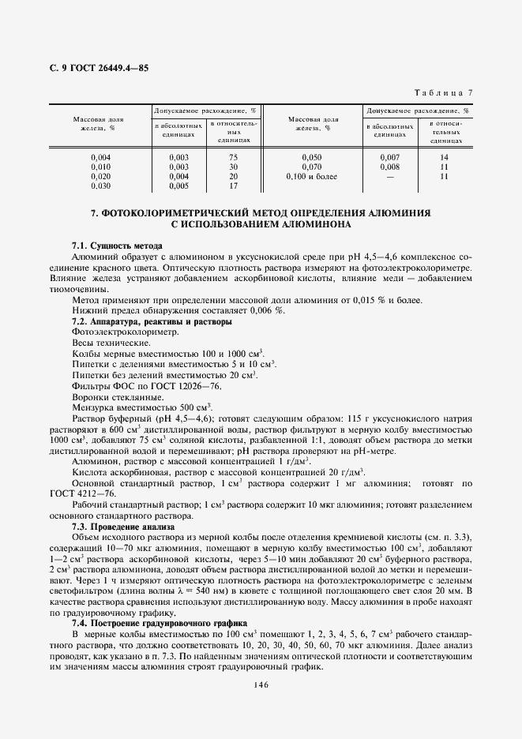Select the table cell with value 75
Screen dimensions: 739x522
coord(233,157)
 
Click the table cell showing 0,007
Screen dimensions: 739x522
coord(390,157)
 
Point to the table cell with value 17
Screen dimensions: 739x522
coord(233,186)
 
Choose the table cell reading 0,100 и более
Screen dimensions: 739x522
coord(314,176)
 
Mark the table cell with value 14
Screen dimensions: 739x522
coord(445,157)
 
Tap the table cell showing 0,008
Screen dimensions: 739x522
coord(390,167)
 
